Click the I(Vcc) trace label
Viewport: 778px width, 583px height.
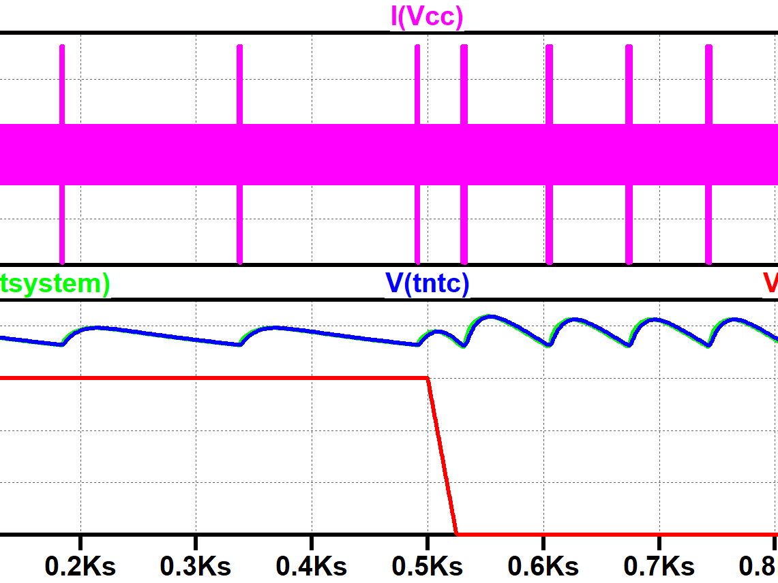point(427,16)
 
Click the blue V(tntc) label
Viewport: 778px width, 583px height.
point(428,283)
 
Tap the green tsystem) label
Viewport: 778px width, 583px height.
point(55,283)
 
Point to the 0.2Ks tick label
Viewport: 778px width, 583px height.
point(80,565)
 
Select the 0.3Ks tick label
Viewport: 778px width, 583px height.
point(196,565)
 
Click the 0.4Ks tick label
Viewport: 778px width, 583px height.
point(312,565)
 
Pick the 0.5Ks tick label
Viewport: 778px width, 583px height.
point(428,565)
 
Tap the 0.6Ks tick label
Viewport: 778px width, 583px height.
point(543,565)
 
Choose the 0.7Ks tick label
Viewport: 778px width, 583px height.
point(659,565)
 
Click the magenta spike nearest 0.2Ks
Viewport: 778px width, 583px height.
point(62,82)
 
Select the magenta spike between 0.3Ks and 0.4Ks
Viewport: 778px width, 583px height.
point(239,82)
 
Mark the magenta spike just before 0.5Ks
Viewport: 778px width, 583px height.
point(417,82)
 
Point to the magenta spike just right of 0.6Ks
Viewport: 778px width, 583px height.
point(550,82)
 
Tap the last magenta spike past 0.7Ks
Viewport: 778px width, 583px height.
point(708,82)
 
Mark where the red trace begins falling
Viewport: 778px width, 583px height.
point(428,377)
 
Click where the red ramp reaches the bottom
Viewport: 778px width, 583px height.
point(456,533)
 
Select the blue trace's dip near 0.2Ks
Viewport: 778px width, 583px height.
point(62,344)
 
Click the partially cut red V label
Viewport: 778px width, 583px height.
point(771,283)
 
